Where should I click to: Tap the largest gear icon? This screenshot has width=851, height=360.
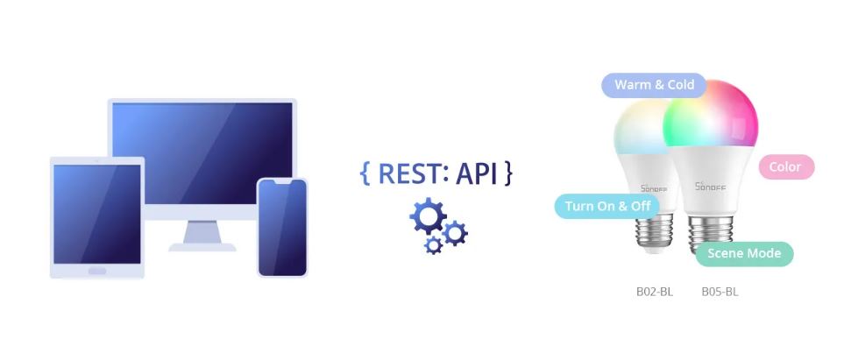[428, 215]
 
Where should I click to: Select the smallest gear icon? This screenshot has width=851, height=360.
[433, 245]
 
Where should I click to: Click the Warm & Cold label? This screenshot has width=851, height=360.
[654, 85]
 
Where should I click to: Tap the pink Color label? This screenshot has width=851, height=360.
[784, 166]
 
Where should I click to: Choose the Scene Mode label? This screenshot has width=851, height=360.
[744, 254]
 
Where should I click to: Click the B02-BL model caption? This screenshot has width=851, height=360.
[654, 292]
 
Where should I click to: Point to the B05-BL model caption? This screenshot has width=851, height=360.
[720, 292]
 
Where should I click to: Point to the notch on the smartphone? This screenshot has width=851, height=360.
[282, 183]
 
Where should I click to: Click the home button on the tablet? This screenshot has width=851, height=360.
[96, 271]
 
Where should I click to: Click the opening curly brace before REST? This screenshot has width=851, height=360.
[365, 173]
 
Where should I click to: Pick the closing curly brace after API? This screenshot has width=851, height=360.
[507, 173]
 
